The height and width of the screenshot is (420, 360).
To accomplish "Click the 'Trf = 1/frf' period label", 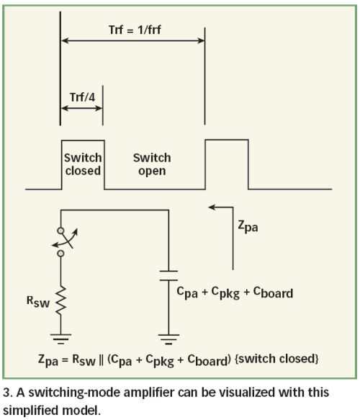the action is pyautogui.click(x=135, y=30).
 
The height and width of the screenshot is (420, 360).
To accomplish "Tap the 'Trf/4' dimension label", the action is pyautogui.click(x=82, y=97).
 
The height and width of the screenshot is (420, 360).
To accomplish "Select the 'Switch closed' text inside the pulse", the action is pyautogui.click(x=83, y=164).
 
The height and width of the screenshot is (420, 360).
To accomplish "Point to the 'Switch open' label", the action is pyautogui.click(x=152, y=164).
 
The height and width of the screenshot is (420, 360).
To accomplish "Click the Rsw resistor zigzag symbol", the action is pyautogui.click(x=60, y=300).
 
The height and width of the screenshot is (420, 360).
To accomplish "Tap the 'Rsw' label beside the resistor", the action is pyautogui.click(x=38, y=302).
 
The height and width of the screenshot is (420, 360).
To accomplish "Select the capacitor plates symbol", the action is pyautogui.click(x=168, y=276).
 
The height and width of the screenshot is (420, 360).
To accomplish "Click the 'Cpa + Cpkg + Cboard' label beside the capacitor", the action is pyautogui.click(x=235, y=292).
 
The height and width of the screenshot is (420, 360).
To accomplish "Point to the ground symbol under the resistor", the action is pyautogui.click(x=60, y=339).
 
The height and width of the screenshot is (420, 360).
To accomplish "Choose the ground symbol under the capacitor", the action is pyautogui.click(x=168, y=339).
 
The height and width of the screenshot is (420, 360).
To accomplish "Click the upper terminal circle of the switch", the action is pyautogui.click(x=60, y=231).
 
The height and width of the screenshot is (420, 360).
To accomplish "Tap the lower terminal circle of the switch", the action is pyautogui.click(x=60, y=253).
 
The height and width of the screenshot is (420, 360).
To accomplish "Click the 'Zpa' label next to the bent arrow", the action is pyautogui.click(x=248, y=227).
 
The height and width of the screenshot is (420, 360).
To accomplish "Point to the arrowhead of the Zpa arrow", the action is pyautogui.click(x=212, y=207).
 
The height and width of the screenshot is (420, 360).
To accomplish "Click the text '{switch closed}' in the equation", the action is pyautogui.click(x=276, y=358).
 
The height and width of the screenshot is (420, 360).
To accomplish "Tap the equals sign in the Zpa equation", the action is pyautogui.click(x=65, y=360).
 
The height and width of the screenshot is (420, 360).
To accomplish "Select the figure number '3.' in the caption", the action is pyautogui.click(x=8, y=393).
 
